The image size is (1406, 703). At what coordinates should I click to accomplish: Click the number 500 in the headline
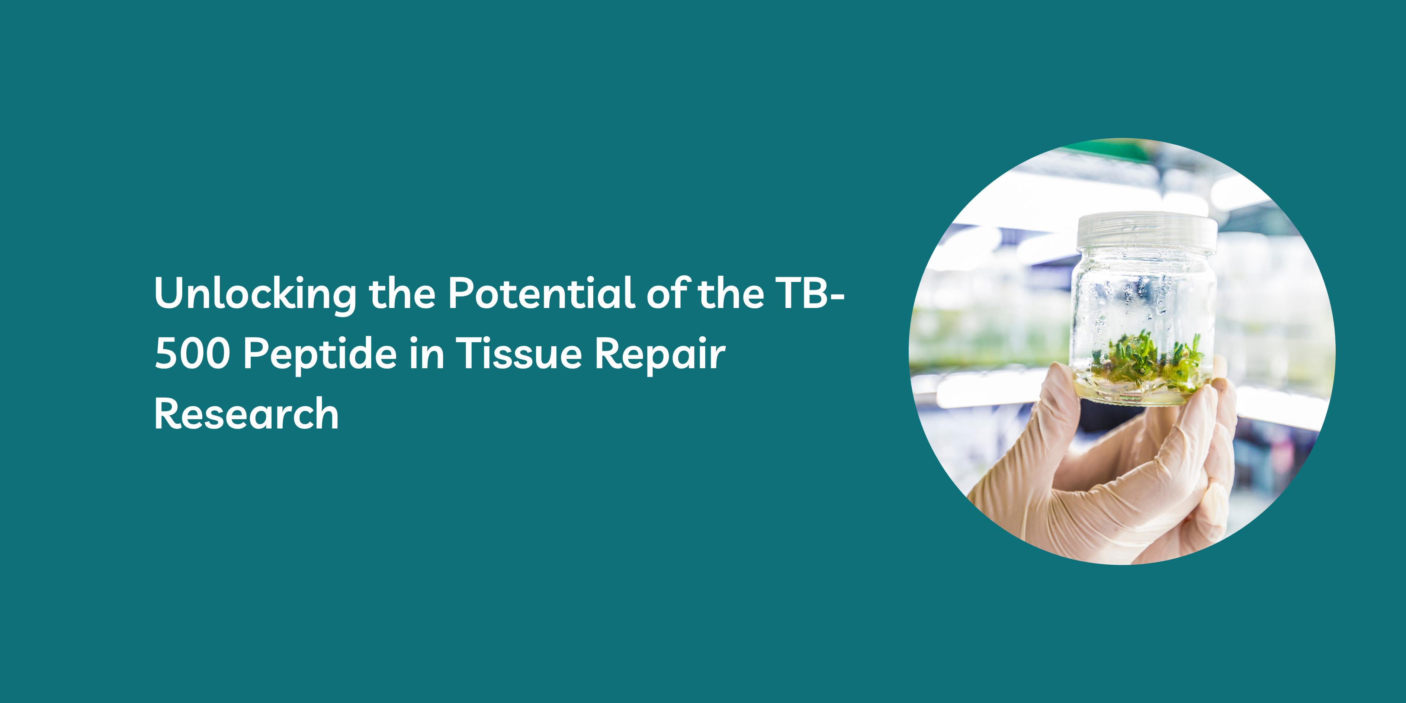pyautogui.click(x=193, y=354)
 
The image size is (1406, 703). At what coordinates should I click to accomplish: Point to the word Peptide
pyautogui.click(x=320, y=355)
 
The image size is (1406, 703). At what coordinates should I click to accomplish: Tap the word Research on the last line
pyautogui.click(x=247, y=413)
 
